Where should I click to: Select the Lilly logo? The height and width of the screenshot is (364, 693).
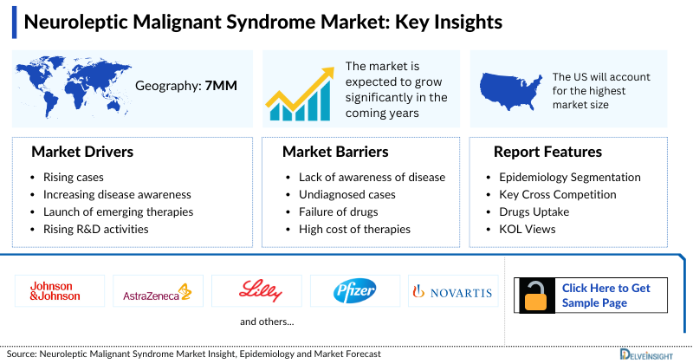coord(256,291)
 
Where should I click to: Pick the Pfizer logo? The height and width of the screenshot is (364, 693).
coord(355,291)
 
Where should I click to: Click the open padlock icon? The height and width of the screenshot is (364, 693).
coord(534,295)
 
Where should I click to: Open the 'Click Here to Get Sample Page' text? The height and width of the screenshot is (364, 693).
coord(606,295)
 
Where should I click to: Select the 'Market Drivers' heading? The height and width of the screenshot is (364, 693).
coord(82,153)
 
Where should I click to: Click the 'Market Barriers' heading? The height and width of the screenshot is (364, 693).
coord(334,153)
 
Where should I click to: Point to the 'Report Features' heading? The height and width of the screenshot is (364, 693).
coord(547,153)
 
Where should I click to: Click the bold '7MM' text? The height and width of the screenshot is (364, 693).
coord(221,86)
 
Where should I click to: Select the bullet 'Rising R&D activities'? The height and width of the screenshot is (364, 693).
coord(95,229)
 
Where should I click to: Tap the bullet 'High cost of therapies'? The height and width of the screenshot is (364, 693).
coord(348,229)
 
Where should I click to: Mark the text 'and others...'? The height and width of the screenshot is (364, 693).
coord(267,322)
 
